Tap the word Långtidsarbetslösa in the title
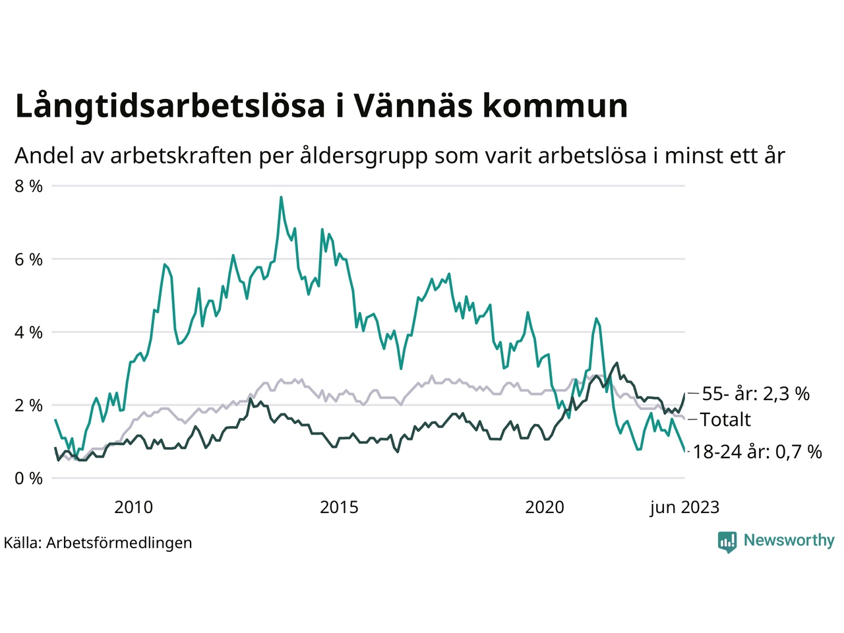(169, 107)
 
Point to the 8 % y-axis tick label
(28, 186)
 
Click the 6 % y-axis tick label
(28, 259)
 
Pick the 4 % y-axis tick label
(28, 332)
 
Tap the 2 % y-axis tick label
(28, 405)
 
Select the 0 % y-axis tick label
(28, 478)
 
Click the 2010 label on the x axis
(133, 507)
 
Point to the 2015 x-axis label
(339, 507)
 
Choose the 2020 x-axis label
(545, 507)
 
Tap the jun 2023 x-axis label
(684, 507)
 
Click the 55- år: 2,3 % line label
(756, 394)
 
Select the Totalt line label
(725, 419)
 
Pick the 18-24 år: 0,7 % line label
(758, 452)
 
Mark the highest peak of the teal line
(281, 197)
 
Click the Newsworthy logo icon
(727, 541)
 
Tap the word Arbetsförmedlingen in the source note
(119, 543)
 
